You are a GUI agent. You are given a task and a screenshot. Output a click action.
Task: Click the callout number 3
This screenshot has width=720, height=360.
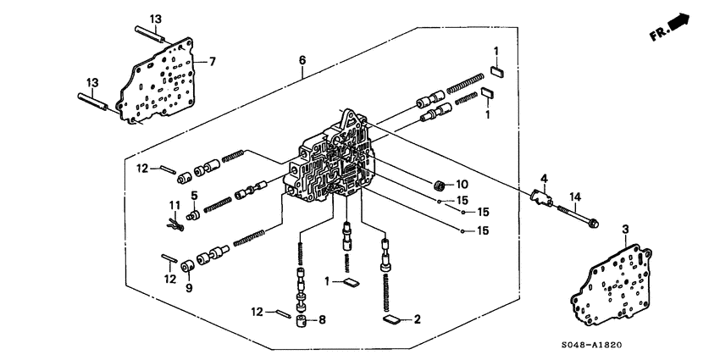click(625, 230)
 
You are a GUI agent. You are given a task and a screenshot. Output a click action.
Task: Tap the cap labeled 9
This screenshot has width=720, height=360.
click(186, 269)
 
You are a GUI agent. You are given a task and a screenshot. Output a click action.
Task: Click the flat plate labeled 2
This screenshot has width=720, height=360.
click(392, 320)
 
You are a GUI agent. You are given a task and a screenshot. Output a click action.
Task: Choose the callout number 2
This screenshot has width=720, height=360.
click(417, 319)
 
